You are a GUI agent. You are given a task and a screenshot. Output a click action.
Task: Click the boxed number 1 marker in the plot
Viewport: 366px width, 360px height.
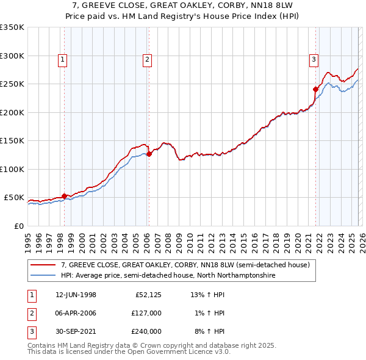coord(63,59)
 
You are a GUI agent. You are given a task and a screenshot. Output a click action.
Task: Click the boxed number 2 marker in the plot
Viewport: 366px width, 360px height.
coord(148,59)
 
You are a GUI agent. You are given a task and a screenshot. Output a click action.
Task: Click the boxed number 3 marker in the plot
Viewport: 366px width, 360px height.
coord(314,59)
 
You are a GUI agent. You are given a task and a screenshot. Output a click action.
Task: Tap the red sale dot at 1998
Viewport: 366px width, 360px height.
coord(65,196)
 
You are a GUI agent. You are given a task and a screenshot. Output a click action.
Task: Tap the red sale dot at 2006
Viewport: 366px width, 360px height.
coord(149,154)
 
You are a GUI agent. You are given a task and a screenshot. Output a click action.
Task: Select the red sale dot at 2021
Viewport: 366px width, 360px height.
coord(316,89)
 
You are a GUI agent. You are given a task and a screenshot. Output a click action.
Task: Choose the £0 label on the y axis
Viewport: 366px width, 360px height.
coord(18,226)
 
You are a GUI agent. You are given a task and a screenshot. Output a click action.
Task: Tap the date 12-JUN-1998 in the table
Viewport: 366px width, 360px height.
coord(76,295)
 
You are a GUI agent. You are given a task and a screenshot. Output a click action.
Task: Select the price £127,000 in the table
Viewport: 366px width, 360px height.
coord(146,313)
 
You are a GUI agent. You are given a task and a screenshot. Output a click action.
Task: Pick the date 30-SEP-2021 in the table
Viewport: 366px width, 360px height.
coord(76,331)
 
